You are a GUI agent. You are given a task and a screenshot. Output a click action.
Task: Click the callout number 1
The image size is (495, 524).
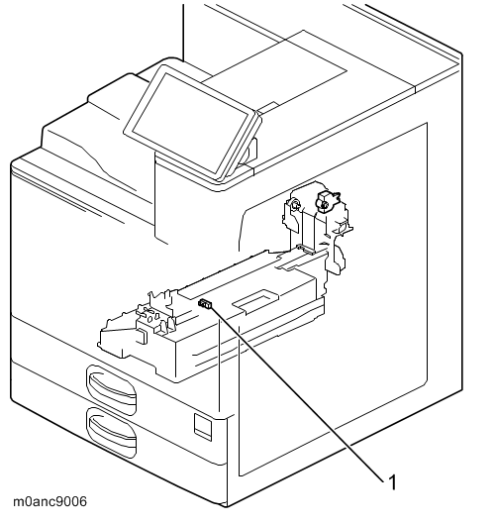point(393,482)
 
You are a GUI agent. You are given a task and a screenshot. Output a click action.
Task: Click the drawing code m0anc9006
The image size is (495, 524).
point(50,501)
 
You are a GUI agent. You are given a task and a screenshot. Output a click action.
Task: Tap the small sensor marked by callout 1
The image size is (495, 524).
point(205,304)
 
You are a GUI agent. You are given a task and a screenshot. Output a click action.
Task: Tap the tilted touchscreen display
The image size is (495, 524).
point(191,122)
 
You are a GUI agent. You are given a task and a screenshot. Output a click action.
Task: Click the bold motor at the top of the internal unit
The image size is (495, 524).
point(325,201)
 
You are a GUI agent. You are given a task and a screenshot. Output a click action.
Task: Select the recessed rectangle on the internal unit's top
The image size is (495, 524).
point(255,299)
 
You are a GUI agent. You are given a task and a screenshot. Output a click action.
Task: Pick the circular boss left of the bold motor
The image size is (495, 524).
point(295,204)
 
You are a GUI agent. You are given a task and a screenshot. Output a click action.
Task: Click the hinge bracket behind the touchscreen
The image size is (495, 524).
point(249,151)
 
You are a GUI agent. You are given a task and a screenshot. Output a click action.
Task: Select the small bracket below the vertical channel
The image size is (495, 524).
point(305,249)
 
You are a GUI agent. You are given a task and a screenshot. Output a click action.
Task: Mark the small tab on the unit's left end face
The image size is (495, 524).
point(142,336)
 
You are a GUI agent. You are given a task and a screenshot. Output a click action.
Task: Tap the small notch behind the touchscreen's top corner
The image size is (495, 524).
point(268,107)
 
